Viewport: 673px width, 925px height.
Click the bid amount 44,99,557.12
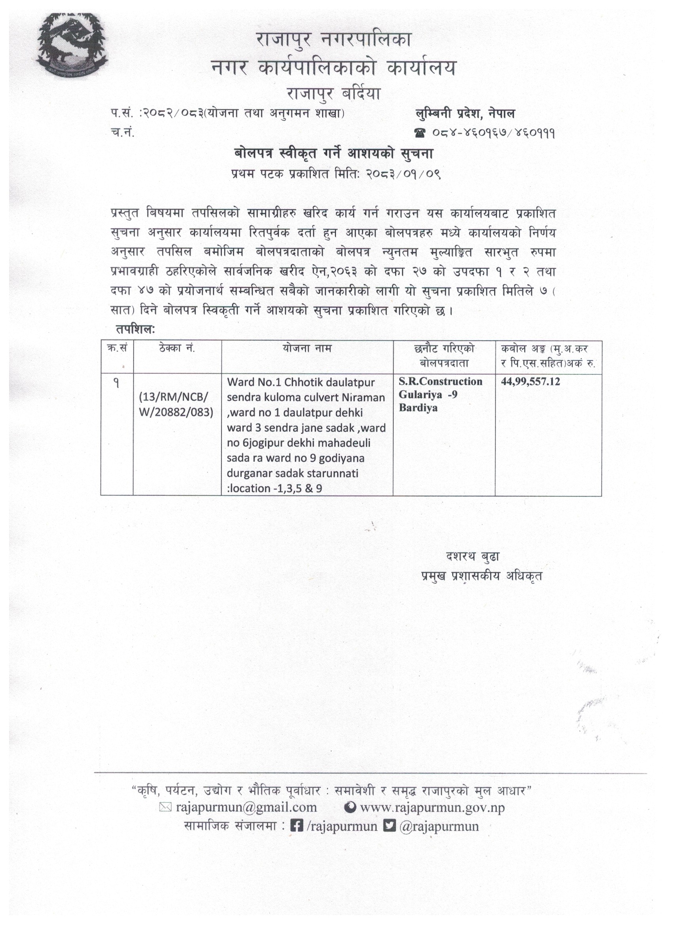tap(530, 382)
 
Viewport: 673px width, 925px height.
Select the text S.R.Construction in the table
tap(440, 382)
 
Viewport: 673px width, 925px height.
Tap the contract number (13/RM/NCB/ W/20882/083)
tap(176, 404)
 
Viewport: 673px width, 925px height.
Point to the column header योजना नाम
tap(307, 349)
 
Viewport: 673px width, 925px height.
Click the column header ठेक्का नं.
tap(177, 349)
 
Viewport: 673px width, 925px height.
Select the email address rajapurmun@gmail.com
tap(246, 807)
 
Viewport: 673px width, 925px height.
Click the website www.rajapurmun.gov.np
tap(432, 807)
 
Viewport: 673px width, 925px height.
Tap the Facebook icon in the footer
tap(296, 826)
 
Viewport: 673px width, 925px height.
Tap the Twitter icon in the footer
tap(390, 826)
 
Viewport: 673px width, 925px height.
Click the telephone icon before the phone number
tap(420, 133)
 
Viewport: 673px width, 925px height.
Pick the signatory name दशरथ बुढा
tap(473, 557)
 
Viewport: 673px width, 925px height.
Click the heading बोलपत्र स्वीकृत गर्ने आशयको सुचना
tap(333, 154)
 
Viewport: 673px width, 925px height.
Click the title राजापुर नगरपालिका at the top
tap(333, 40)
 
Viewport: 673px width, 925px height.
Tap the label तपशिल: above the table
tap(135, 329)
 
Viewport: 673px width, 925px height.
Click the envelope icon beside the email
tap(165, 807)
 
